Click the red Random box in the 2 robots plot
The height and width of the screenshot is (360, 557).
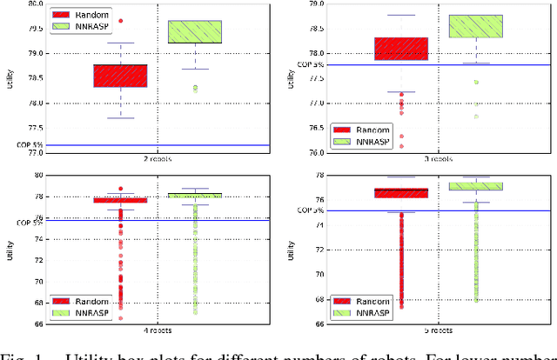click(120, 76)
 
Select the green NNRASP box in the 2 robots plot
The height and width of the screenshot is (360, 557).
click(195, 32)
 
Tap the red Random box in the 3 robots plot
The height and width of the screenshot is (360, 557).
click(400, 49)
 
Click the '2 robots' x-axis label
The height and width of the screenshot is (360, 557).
click(158, 159)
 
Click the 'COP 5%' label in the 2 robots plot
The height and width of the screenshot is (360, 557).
click(30, 144)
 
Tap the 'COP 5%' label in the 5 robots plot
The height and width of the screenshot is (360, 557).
click(310, 210)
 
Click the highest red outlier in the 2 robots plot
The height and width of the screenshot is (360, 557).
click(120, 20)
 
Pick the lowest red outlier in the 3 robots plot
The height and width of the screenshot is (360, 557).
click(400, 146)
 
